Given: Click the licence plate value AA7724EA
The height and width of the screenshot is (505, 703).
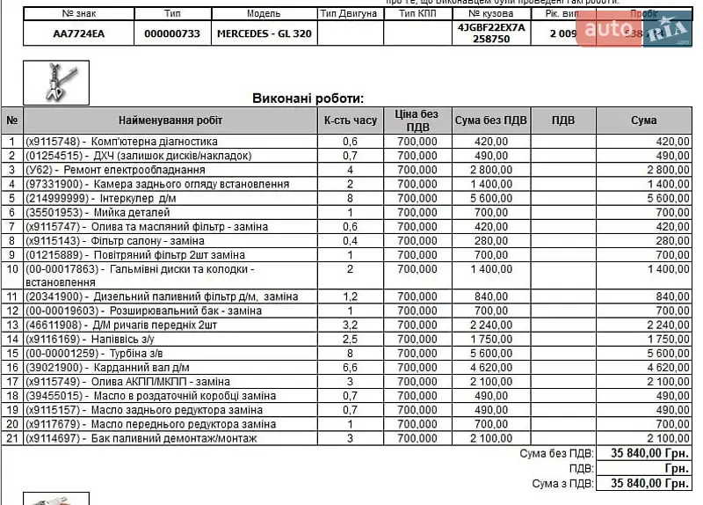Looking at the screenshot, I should (x=78, y=33).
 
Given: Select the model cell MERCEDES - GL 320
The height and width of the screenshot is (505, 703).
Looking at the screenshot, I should (x=264, y=33).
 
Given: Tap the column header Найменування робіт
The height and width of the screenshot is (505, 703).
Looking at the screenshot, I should (x=170, y=121).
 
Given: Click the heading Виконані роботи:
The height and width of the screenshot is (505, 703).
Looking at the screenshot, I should (x=308, y=99).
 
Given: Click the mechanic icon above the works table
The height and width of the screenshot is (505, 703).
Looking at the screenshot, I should (x=56, y=82).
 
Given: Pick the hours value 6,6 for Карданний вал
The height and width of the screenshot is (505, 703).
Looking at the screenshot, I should (x=350, y=368).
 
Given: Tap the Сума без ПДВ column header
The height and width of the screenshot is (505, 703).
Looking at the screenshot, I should (x=491, y=121).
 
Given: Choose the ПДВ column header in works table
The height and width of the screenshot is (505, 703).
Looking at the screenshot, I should (x=564, y=121).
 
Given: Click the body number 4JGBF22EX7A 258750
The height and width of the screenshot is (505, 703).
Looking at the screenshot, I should (x=491, y=33).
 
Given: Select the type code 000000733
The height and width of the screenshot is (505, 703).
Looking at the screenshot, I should (x=172, y=33).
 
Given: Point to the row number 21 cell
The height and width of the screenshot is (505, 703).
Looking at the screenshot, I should (x=12, y=438).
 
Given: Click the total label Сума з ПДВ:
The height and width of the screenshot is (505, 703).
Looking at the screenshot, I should (x=563, y=483).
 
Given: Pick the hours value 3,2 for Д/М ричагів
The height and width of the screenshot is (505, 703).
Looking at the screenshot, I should (x=350, y=326).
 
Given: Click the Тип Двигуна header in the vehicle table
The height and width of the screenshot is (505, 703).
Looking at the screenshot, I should (x=350, y=14).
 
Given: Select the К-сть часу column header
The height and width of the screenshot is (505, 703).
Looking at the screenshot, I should (x=350, y=121).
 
